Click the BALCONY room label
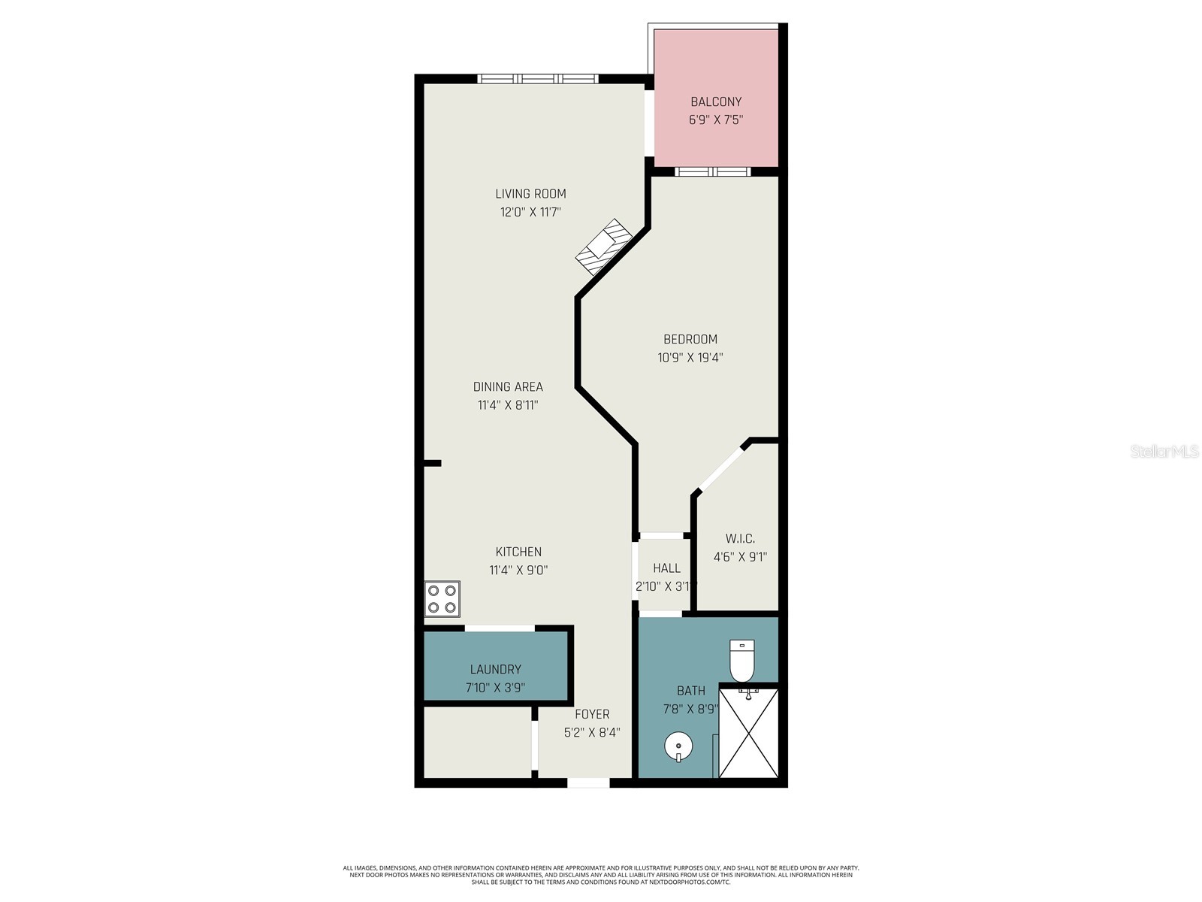(x=716, y=101)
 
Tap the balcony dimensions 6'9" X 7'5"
(x=716, y=120)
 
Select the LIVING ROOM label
(x=530, y=194)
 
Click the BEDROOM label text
(x=690, y=339)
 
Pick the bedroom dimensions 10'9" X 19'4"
(x=690, y=358)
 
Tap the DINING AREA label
(x=508, y=386)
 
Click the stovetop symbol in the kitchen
(x=442, y=599)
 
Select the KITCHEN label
(x=518, y=552)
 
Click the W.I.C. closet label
(x=740, y=539)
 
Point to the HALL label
(x=666, y=568)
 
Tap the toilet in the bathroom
(x=742, y=660)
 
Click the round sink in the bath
(x=678, y=747)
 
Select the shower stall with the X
(x=748, y=733)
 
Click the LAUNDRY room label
(x=495, y=669)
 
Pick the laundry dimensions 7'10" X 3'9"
(x=495, y=688)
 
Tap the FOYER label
(x=592, y=714)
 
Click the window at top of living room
(x=538, y=78)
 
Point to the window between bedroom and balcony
(x=712, y=171)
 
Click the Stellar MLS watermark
(x=1164, y=451)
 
